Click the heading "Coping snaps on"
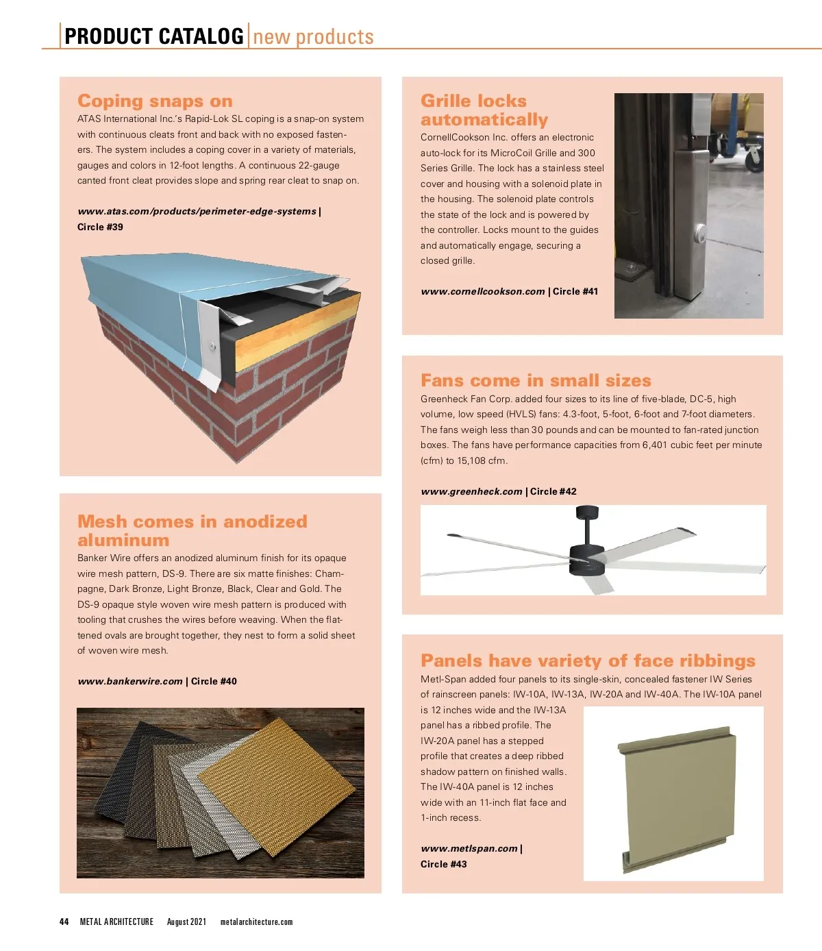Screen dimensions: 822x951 click(155, 101)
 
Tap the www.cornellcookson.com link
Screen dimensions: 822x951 click(482, 291)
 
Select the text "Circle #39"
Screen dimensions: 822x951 click(100, 227)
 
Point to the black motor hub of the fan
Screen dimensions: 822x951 click(587, 560)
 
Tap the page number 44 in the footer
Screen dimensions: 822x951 click(64, 922)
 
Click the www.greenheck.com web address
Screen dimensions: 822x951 click(471, 491)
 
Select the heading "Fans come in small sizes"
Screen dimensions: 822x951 click(536, 380)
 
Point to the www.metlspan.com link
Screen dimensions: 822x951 click(469, 848)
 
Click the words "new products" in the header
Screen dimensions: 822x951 click(313, 37)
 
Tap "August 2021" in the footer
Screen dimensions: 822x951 click(186, 922)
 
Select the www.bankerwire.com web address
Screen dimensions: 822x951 click(130, 681)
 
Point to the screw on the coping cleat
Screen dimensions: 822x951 click(212, 345)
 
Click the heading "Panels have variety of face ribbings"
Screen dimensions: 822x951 click(588, 660)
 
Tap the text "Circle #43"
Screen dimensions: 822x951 click(443, 864)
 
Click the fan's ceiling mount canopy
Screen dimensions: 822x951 click(588, 512)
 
